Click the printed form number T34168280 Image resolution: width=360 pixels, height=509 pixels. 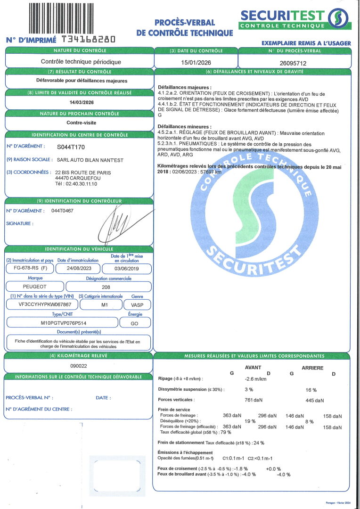coord(88,40)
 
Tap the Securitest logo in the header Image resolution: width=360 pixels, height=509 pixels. coord(295,19)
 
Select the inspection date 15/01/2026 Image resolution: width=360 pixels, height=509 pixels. coord(196,62)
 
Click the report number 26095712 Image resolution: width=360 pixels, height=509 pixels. coord(293,62)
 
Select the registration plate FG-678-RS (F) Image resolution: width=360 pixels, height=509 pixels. coord(28,269)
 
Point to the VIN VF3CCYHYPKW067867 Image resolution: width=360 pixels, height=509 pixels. coord(41,304)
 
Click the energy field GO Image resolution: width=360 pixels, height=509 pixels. coord(135,323)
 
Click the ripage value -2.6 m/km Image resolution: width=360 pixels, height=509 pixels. coord(256,378)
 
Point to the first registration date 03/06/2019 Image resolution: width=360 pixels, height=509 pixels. coord(127,269)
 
